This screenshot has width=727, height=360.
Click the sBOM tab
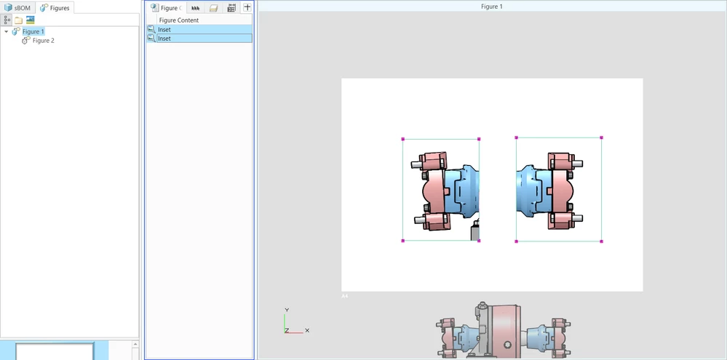pyautogui.click(x=17, y=8)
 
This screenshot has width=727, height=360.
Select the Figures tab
pyautogui.click(x=55, y=8)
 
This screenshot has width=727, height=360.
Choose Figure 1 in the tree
pyautogui.click(x=33, y=31)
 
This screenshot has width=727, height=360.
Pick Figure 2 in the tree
pyautogui.click(x=43, y=41)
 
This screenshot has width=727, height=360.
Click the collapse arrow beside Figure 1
pyautogui.click(x=6, y=31)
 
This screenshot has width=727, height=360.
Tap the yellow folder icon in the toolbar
pyautogui.click(x=18, y=20)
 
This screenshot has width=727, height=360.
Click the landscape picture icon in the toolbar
pyautogui.click(x=30, y=20)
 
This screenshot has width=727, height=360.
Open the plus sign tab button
pyautogui.click(x=247, y=7)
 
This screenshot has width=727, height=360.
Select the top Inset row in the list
pyautogui.click(x=200, y=30)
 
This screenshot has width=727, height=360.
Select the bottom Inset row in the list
pyautogui.click(x=200, y=39)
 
